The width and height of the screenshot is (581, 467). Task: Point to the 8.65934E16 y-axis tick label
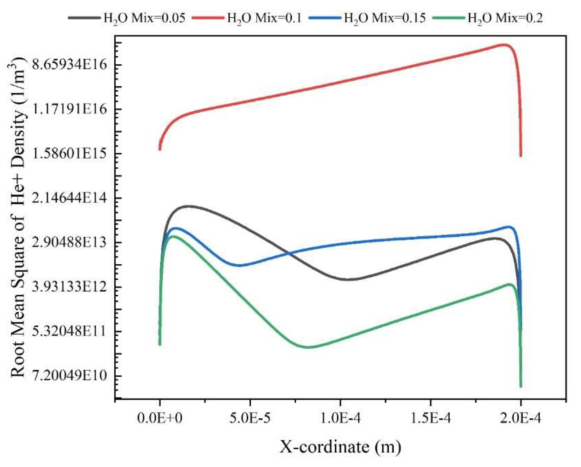coord(70,65)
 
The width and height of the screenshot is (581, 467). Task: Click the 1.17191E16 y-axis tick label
coord(70,110)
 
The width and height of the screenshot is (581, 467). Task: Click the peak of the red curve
coord(503,45)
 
